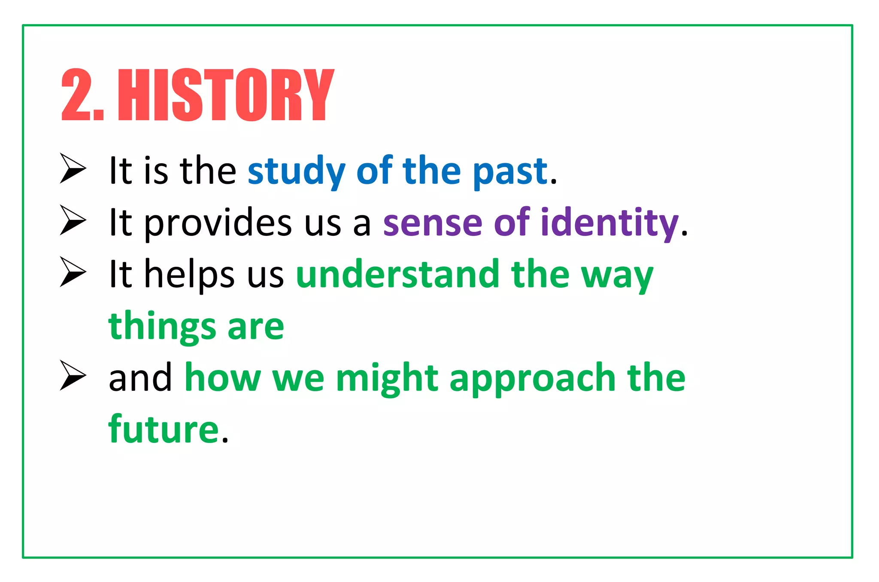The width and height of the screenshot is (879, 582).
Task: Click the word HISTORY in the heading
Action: coord(226,95)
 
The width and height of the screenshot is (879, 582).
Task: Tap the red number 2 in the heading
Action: coord(76,95)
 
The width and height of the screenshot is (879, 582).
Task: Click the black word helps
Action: coord(189,275)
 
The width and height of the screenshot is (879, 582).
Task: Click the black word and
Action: coord(140,378)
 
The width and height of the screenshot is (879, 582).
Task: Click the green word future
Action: coord(164,430)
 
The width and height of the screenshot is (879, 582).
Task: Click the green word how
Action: coord(222,378)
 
